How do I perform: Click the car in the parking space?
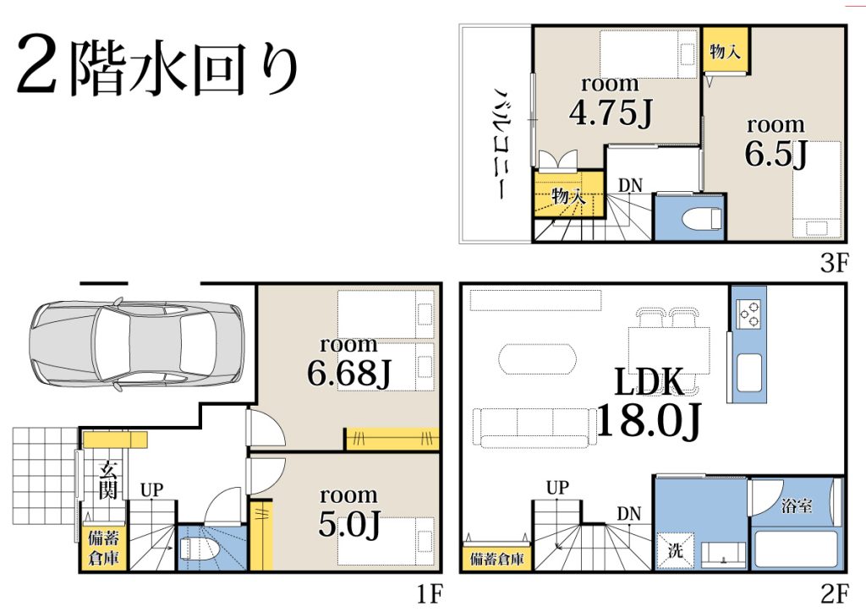[x=136, y=345]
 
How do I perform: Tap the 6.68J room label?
[x=348, y=373]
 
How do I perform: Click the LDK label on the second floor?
[x=649, y=382]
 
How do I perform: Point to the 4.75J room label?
[x=611, y=113]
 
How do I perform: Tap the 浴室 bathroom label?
[x=797, y=505]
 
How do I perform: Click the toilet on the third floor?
[x=702, y=219]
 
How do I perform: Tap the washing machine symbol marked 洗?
[x=676, y=549]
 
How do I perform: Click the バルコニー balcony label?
[x=501, y=143]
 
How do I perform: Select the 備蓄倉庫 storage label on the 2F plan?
[x=496, y=560]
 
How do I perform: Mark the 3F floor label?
[x=834, y=263]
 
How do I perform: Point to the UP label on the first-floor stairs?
[x=152, y=490]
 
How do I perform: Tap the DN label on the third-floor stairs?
[x=630, y=185]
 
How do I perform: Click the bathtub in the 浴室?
[x=796, y=549]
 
